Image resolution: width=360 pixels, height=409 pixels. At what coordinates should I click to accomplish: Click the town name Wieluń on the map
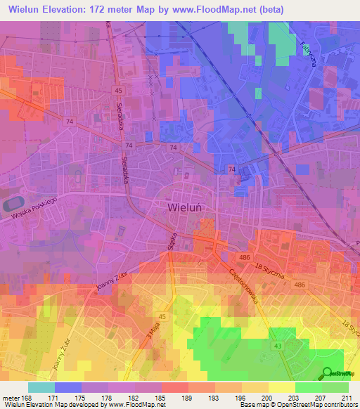pyautogui.click(x=186, y=207)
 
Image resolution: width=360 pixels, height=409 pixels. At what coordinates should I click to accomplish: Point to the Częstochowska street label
pyautogui.click(x=244, y=288)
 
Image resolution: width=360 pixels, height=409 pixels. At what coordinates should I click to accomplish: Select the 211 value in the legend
pyautogui.click(x=347, y=398)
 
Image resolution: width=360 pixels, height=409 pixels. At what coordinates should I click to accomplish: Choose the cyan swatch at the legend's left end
pyautogui.click(x=41, y=387)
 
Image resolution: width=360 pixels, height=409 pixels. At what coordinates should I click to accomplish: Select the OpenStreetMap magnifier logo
pyautogui.click(x=328, y=373)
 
